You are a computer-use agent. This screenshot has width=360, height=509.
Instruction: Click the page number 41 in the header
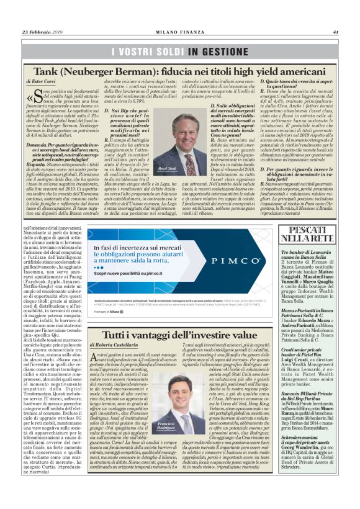tap(335, 33)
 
